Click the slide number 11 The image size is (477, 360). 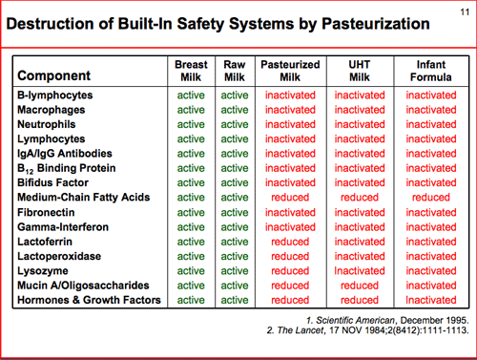[465, 12]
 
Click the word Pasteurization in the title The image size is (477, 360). [376, 24]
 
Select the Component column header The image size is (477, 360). [54, 75]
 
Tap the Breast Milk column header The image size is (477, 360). [191, 71]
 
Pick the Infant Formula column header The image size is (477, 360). [431, 71]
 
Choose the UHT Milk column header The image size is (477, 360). [360, 71]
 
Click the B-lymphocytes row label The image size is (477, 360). [55, 95]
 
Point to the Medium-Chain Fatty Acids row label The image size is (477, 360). [84, 198]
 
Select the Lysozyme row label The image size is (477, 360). [43, 271]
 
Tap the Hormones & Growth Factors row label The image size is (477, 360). [89, 300]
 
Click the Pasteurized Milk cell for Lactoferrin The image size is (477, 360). [290, 242]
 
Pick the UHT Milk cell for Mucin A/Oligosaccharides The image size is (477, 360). [360, 286]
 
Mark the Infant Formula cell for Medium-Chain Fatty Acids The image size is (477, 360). [431, 198]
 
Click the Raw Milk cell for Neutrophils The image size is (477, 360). [235, 124]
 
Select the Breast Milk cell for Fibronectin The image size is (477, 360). [191, 212]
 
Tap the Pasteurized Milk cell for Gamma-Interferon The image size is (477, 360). [290, 227]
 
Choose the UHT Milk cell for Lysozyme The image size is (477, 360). [360, 271]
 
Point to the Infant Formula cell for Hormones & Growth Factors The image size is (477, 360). [431, 300]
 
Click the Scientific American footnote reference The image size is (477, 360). [387, 320]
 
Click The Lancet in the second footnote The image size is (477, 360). [300, 330]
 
